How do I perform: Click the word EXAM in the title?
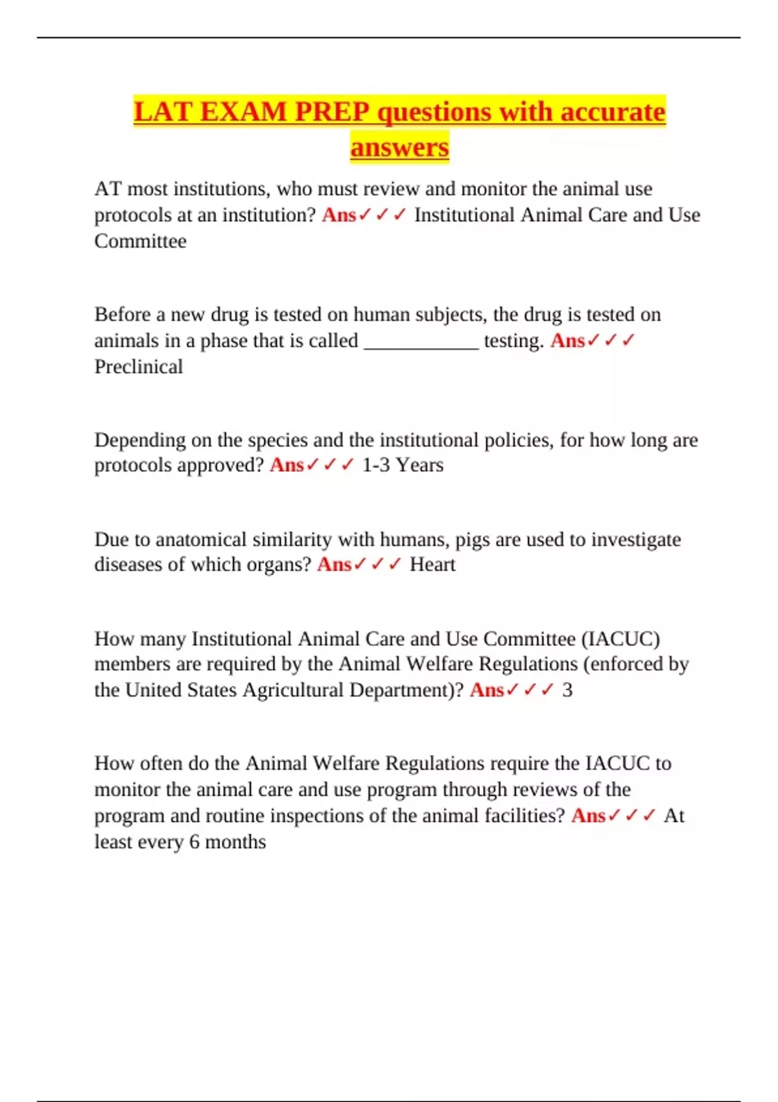(x=243, y=112)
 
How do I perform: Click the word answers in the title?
(x=399, y=147)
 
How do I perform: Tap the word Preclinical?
(x=139, y=367)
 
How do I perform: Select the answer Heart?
(x=432, y=565)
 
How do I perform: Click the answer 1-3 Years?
(x=403, y=465)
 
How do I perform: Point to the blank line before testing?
(x=421, y=342)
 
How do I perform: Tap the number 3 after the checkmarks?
(x=567, y=690)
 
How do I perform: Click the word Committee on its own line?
(x=141, y=241)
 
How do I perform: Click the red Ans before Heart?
(x=334, y=565)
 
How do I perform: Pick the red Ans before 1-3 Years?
(x=287, y=465)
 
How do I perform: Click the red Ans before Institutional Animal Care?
(x=338, y=215)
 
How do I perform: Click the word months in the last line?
(x=235, y=842)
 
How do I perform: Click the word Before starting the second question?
(x=123, y=315)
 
